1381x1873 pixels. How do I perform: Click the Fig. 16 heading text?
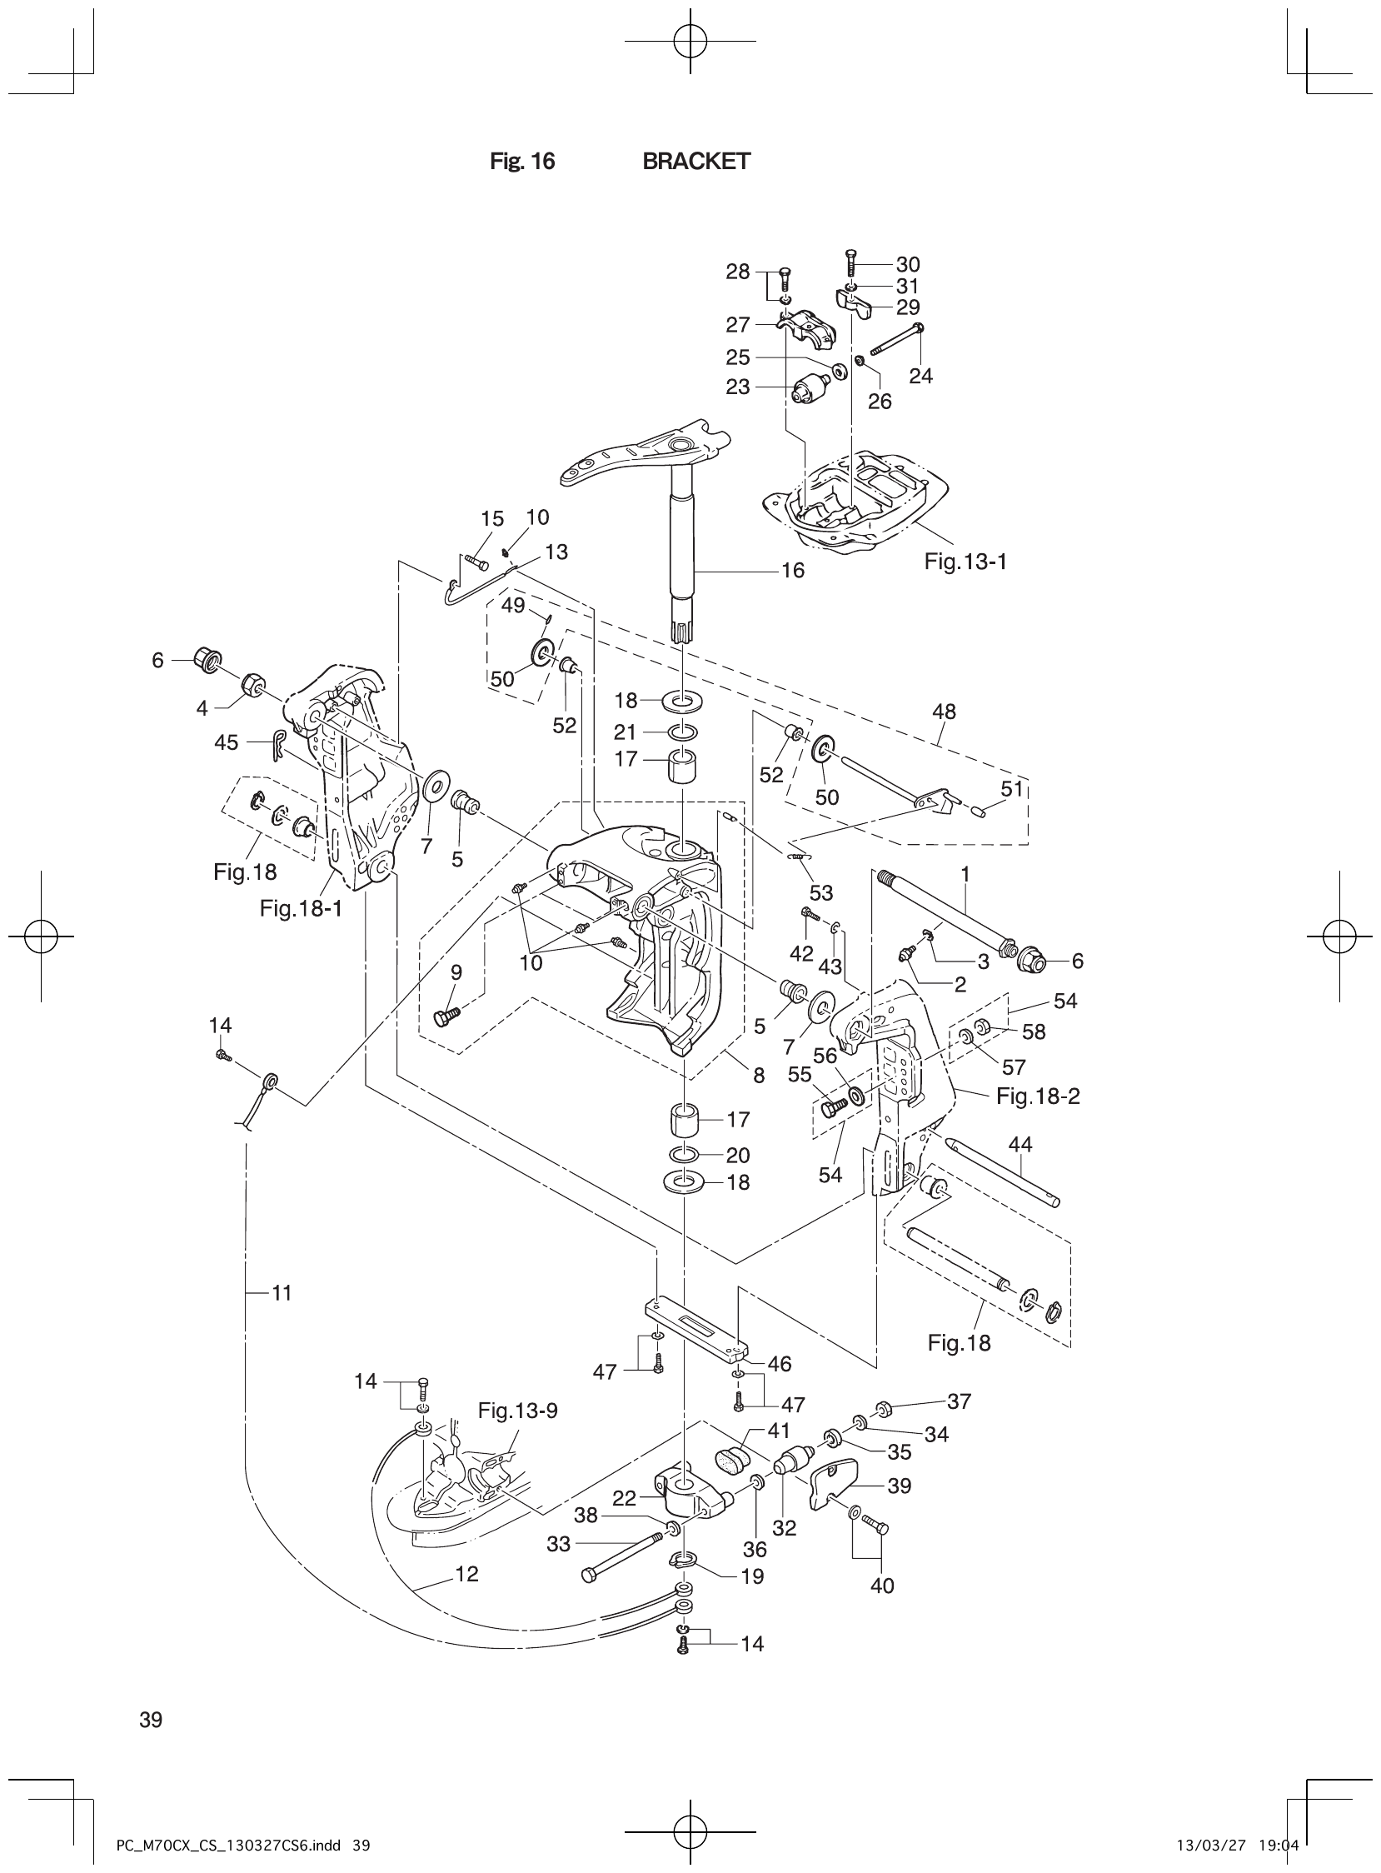click(521, 162)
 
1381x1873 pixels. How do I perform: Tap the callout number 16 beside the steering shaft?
click(791, 570)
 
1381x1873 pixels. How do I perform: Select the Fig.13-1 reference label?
click(965, 562)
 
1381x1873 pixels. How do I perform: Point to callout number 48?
click(944, 712)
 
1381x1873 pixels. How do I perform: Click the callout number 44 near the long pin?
click(1020, 1144)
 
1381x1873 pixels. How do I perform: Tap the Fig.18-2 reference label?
click(1038, 1096)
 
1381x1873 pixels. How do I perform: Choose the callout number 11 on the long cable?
click(282, 1293)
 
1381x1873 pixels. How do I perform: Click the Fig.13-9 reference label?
click(517, 1411)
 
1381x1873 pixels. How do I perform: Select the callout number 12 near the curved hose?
click(466, 1574)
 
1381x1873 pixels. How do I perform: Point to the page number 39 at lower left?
click(152, 1720)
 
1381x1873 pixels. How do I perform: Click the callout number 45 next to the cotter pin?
click(226, 742)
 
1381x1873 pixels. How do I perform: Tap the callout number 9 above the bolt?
click(456, 972)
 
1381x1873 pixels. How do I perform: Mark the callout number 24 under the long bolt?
click(920, 377)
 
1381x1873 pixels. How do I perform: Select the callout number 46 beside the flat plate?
click(779, 1364)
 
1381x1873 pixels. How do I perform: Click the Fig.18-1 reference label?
click(301, 908)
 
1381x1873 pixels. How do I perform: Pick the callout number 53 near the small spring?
click(821, 892)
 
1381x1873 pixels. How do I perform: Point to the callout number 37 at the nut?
click(959, 1401)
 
